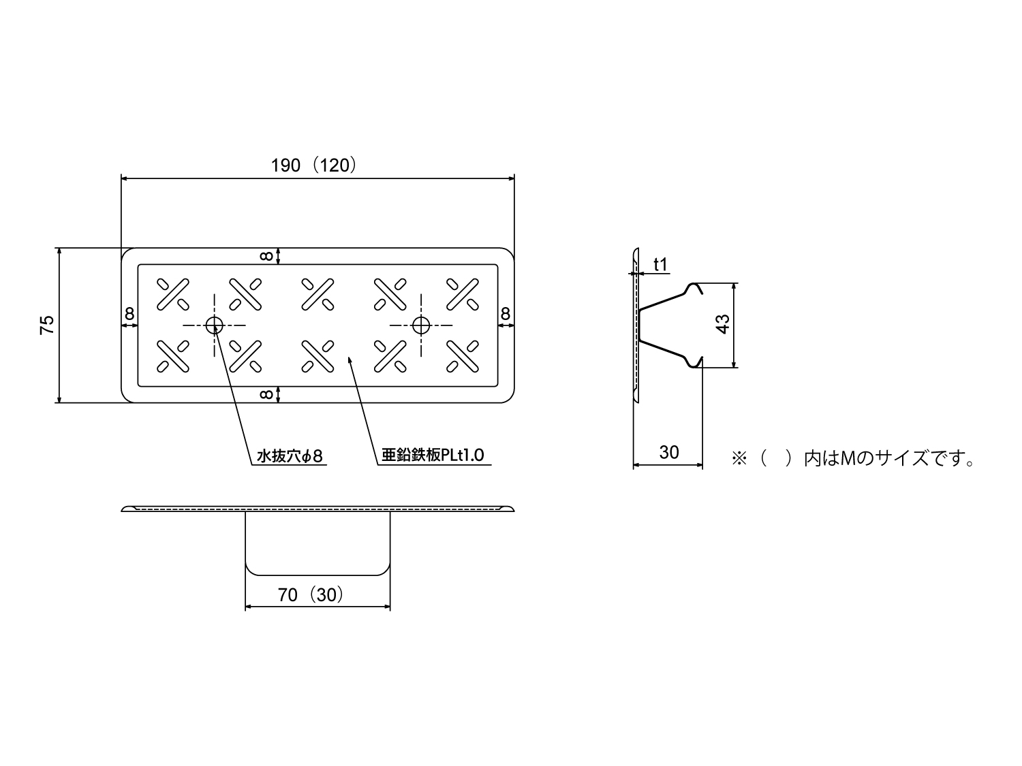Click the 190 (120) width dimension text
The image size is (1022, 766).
[314, 165]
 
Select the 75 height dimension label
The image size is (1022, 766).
[47, 325]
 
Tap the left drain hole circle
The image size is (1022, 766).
[214, 325]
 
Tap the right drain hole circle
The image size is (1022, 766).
[421, 325]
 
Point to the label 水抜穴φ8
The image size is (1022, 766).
[289, 456]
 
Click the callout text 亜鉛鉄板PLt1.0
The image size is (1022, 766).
[433, 455]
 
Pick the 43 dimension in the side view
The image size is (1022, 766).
[723, 324]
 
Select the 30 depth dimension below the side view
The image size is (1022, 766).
[669, 452]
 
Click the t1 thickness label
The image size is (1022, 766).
[661, 265]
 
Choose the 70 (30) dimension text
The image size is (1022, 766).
[311, 595]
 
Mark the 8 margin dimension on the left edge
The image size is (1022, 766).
[129, 314]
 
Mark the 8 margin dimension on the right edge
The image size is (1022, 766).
[505, 314]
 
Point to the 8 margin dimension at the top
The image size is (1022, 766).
[266, 256]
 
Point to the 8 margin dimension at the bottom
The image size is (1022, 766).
[266, 394]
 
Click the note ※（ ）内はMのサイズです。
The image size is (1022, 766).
[853, 459]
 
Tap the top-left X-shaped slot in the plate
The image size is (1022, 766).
[173, 294]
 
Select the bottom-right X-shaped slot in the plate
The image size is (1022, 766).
[463, 356]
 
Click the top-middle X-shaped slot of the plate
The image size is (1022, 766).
[318, 294]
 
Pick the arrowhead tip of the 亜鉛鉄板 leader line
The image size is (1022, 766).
[349, 357]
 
